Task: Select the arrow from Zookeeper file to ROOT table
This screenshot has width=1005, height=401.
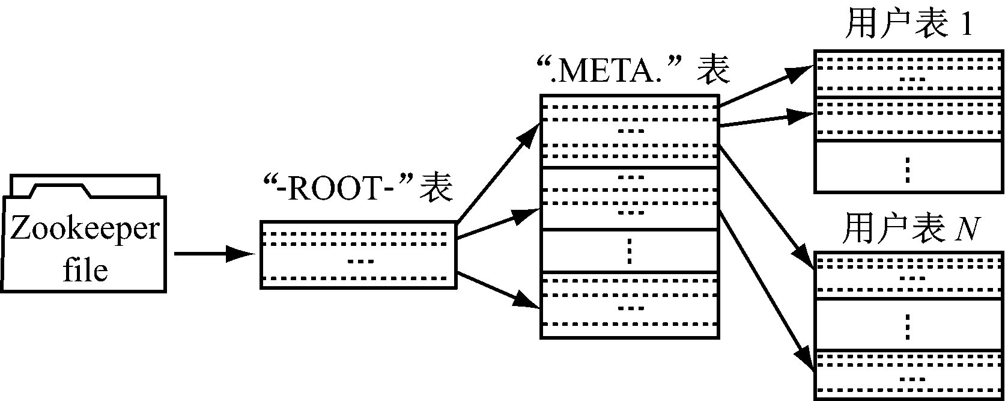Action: tap(213, 254)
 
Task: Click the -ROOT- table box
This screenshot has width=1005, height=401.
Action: tap(359, 255)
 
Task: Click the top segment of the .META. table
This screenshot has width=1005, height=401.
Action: tap(630, 131)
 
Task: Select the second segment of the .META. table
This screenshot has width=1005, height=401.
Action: tap(630, 198)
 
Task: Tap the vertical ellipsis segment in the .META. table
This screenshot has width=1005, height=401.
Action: tap(630, 251)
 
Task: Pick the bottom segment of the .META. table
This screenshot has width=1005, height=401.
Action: tap(630, 305)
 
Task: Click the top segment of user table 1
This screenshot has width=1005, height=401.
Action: tap(908, 73)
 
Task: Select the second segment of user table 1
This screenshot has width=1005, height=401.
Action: tap(908, 118)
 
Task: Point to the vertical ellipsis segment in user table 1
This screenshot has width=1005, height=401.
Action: tap(908, 167)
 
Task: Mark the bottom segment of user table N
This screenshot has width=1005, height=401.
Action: tap(908, 373)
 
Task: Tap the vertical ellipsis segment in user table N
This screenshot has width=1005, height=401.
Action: tap(908, 325)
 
